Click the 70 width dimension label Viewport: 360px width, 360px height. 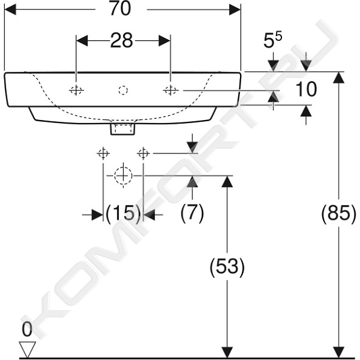[x=120, y=9]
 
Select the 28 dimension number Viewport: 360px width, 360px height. [x=122, y=40]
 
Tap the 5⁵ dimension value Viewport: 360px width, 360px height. [x=272, y=41]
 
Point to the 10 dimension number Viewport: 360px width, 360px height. [x=306, y=89]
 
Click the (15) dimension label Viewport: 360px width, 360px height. [x=123, y=213]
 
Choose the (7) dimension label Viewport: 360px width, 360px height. [x=192, y=213]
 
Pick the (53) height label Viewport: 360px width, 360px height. [x=227, y=267]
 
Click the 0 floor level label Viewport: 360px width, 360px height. [x=27, y=330]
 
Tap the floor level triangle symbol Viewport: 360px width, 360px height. [x=27, y=350]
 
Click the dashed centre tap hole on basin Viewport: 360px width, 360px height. [x=123, y=90]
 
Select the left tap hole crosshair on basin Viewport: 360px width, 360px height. [x=76, y=90]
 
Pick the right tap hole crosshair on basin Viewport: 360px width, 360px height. [x=171, y=90]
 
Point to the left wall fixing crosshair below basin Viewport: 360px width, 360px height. [x=103, y=153]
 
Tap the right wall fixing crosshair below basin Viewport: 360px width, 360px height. [x=143, y=153]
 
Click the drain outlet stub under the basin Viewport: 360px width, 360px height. [x=123, y=129]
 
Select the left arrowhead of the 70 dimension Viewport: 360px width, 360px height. [x=10, y=10]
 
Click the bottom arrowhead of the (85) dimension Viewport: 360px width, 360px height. [x=339, y=352]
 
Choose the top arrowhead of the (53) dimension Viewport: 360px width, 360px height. [x=227, y=182]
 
